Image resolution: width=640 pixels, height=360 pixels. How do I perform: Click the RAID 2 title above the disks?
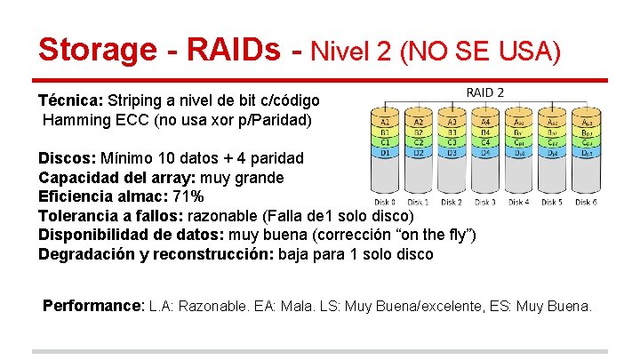485,92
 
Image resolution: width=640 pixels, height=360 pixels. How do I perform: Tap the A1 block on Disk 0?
385,121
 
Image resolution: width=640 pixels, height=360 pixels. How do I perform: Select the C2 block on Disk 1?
418,142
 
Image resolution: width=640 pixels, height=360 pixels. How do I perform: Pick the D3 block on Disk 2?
452,153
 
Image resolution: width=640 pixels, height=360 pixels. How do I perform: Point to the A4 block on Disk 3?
485,121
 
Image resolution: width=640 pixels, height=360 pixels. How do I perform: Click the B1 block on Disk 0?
385,132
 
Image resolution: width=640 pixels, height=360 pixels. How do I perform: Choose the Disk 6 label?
586,202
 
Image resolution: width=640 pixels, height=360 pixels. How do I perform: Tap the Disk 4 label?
518,202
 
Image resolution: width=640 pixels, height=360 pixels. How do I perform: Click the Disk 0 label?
384,202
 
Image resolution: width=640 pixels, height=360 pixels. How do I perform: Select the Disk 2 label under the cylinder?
452,202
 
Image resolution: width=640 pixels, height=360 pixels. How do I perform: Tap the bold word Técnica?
70,101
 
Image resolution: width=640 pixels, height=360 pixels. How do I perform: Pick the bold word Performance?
93,306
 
